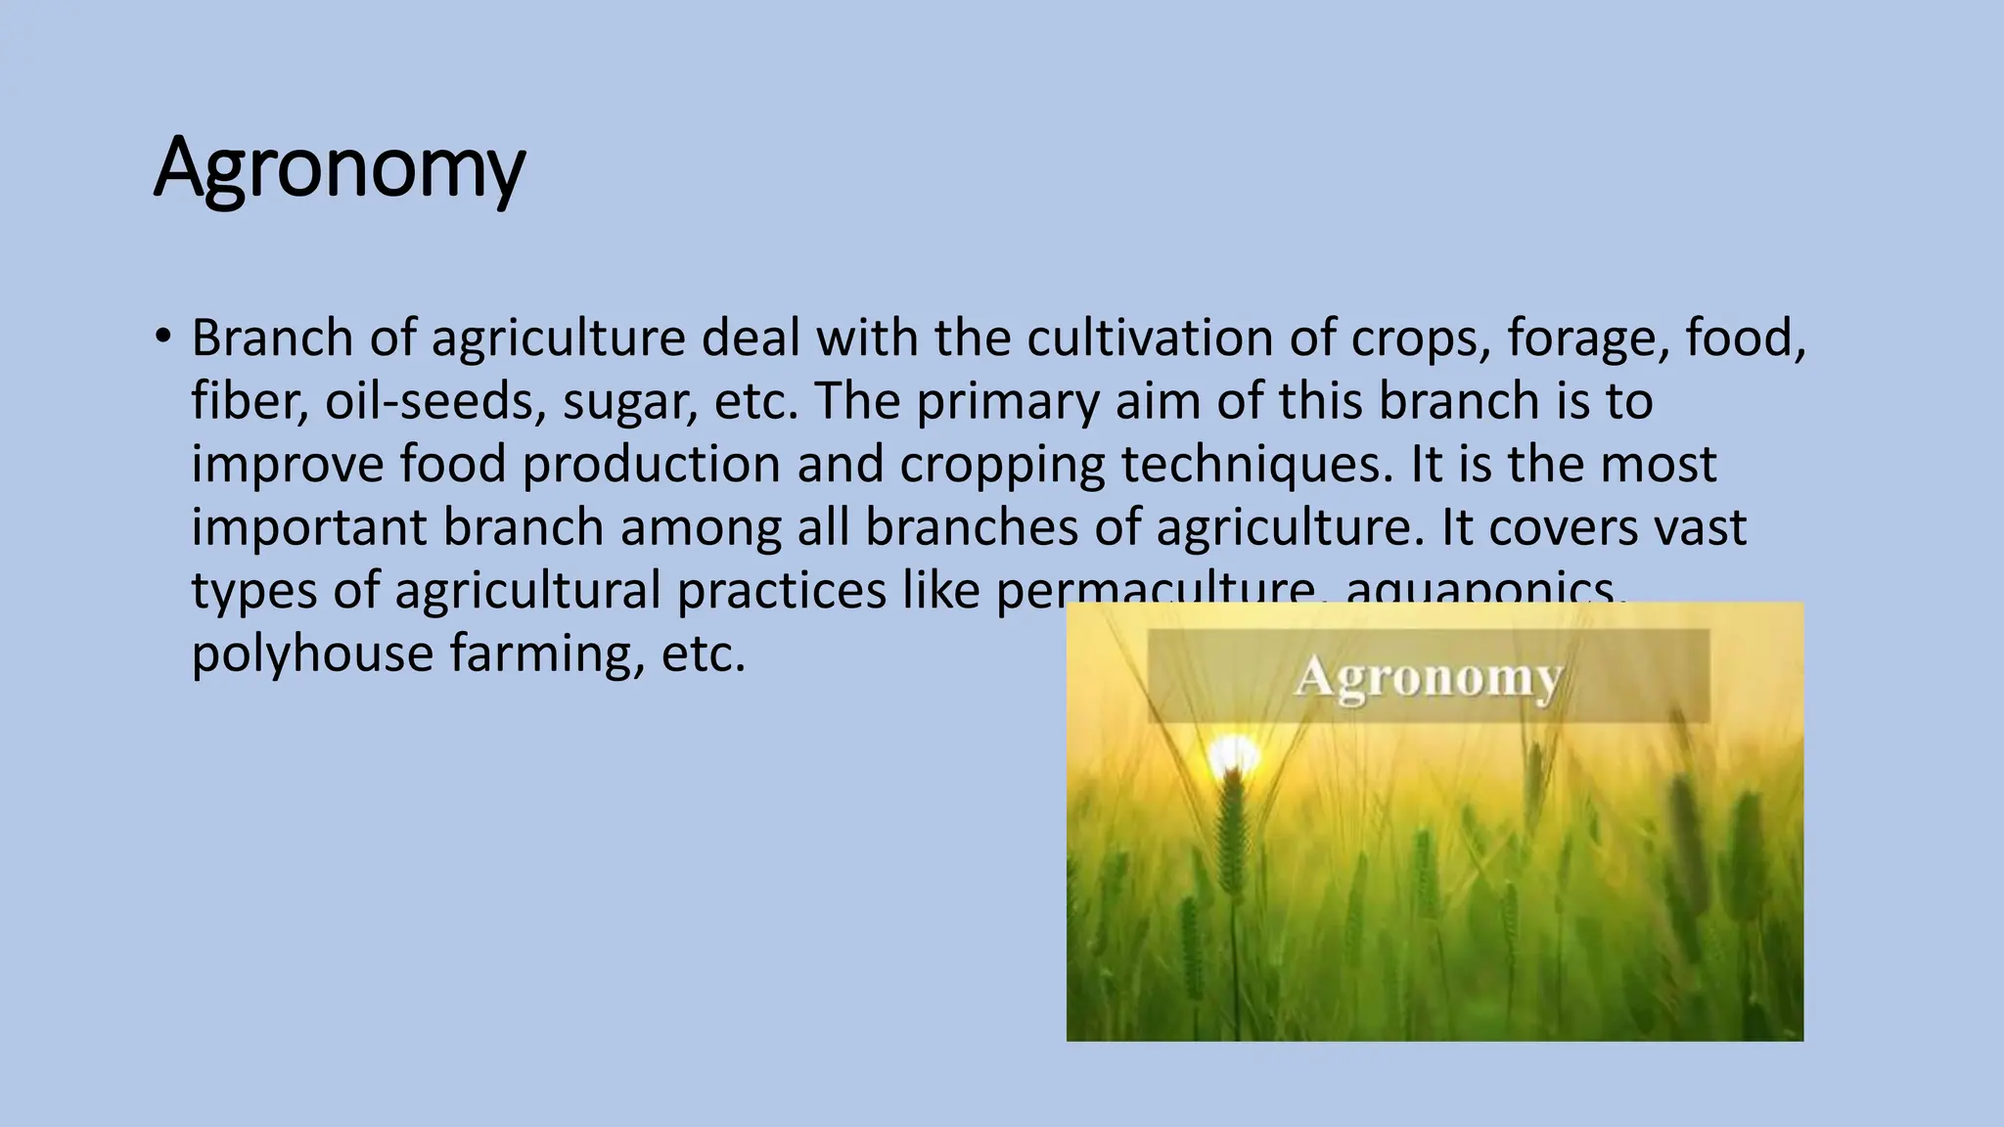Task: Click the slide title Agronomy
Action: (340, 168)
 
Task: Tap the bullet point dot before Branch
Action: (162, 337)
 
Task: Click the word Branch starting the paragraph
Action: (271, 338)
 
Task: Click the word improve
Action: (288, 467)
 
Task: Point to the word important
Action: (309, 529)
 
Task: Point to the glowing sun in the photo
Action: (1233, 754)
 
